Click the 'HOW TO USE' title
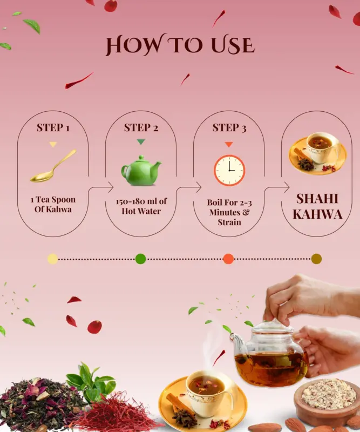[180, 44]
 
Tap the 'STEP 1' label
[53, 127]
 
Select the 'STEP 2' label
[141, 127]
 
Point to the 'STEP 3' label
[229, 127]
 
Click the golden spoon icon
[53, 166]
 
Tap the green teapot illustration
[141, 170]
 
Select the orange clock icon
[229, 170]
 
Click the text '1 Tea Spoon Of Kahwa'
[53, 204]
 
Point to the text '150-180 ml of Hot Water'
[141, 206]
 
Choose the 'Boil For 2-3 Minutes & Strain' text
[229, 212]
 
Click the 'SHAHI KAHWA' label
[317, 206]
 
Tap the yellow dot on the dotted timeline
[52, 259]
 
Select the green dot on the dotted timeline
[140, 259]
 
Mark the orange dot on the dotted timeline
[228, 259]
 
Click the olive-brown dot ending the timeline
[316, 259]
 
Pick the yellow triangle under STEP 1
[53, 144]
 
